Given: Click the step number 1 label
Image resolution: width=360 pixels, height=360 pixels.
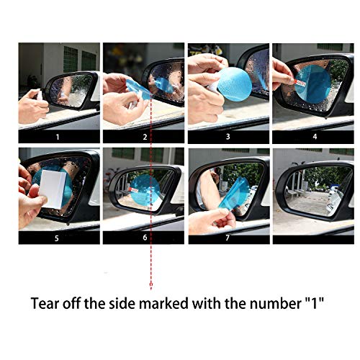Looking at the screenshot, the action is pos(58,137).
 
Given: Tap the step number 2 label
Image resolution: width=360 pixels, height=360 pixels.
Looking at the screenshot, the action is pos(145,137).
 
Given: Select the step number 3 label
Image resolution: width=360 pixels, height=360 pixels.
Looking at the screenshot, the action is pos(228,137).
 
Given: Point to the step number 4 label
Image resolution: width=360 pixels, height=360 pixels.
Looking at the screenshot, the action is pos(315,137).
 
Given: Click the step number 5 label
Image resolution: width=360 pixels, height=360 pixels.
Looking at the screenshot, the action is pos(57,238).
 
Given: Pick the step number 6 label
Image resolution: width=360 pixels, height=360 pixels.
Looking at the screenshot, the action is pos(145,238).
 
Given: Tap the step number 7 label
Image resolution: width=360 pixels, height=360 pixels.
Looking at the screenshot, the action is pos(228,238).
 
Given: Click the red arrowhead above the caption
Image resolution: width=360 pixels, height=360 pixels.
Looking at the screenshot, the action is pos(151,287).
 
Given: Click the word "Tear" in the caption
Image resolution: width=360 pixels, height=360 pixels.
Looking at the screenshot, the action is pos(44,303).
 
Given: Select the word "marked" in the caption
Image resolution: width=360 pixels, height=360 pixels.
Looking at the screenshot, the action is pos(163,303).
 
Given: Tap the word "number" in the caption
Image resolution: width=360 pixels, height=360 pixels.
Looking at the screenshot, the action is pos(275,303).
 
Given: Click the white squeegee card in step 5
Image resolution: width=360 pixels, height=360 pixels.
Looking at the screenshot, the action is pos(53,189).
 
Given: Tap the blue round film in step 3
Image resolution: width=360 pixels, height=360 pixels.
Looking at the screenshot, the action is pos(234,84).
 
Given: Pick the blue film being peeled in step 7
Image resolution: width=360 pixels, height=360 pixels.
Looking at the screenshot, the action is pos(234,194).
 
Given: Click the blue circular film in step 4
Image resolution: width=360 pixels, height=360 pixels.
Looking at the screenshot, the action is pos(312,84).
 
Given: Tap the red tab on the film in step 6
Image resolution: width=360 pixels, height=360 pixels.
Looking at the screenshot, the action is pos(134,190).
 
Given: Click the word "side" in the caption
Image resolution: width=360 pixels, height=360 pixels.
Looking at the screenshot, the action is pos(122,303).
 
